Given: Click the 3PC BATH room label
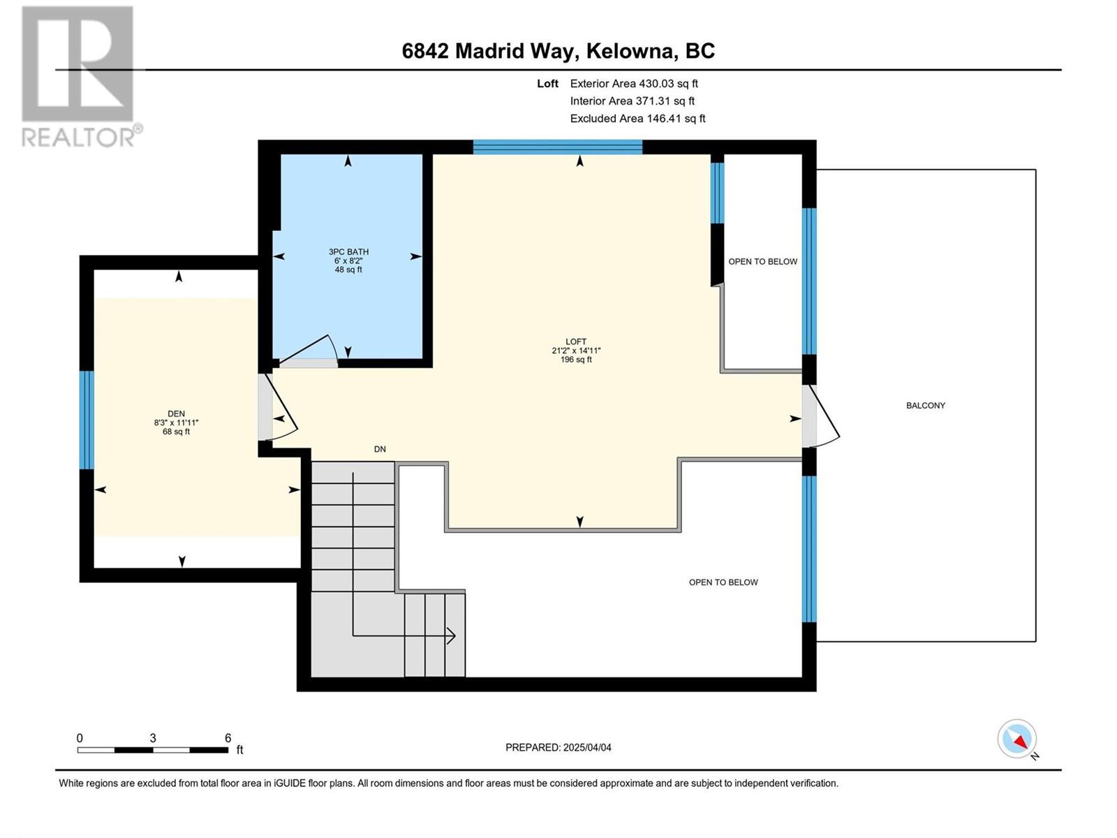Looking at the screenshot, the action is tap(348, 252).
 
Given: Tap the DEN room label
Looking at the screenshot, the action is tap(176, 414).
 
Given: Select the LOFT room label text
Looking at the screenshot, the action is tap(576, 342).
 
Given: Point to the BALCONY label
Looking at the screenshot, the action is tap(926, 406).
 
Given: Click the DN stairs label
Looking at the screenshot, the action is tap(380, 449).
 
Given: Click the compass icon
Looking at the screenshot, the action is tap(1017, 739).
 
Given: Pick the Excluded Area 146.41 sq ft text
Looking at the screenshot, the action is tap(637, 119).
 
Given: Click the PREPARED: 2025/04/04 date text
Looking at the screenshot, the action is tap(558, 747).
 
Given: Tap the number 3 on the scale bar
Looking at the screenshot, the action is tap(153, 738).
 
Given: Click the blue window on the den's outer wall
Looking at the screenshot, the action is tap(87, 420).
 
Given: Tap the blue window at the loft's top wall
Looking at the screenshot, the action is tap(558, 147).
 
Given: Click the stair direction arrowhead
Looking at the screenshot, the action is tap(451, 636).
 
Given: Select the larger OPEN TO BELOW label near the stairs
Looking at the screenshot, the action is tap(723, 582).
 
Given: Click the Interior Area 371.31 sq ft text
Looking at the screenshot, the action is tap(632, 101).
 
